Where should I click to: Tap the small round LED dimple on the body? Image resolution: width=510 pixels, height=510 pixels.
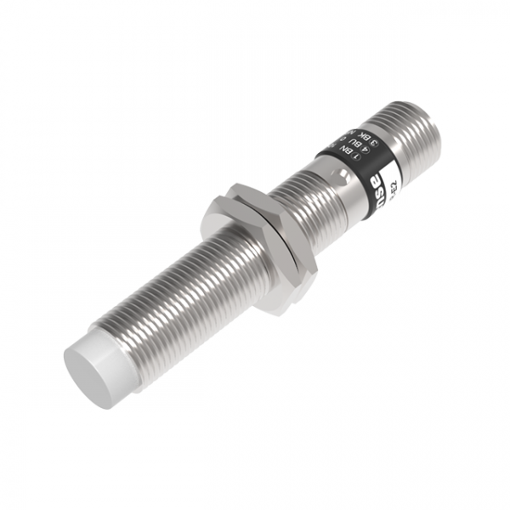pyautogui.click(x=341, y=178)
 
